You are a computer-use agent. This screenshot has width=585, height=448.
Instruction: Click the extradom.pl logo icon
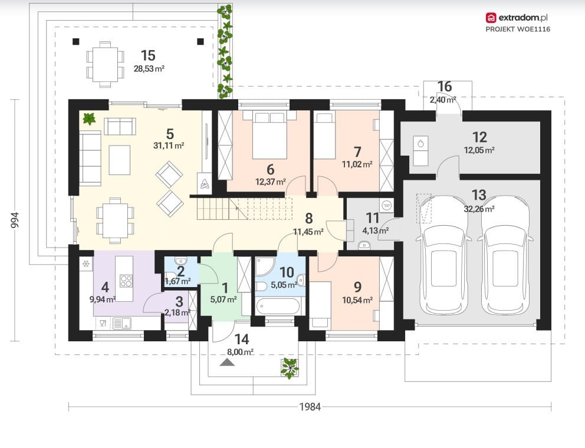[491, 18]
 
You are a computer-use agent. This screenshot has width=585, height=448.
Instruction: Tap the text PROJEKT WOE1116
[518, 29]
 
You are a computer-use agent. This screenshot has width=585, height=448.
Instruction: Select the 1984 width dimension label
[310, 407]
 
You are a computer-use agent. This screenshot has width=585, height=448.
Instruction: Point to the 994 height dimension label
[15, 220]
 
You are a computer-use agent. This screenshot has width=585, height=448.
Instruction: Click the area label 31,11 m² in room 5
[169, 146]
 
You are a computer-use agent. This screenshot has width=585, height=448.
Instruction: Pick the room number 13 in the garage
[479, 195]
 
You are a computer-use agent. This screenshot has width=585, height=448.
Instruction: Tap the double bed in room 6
[270, 136]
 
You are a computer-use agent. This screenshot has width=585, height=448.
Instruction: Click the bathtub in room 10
[278, 307]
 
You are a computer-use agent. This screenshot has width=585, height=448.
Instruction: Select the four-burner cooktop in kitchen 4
[126, 281]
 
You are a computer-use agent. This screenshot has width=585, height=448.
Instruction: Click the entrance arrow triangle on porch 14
[227, 362]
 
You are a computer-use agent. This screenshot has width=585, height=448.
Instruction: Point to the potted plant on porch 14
[290, 368]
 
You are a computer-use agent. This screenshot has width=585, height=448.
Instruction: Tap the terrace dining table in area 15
[105, 64]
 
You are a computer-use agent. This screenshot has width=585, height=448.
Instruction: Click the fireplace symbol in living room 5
[205, 183]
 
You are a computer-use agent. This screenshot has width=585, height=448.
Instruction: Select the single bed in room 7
[324, 136]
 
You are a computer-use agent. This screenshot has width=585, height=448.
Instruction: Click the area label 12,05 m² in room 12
[479, 150]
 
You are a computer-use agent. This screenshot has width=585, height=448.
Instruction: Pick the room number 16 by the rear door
[444, 87]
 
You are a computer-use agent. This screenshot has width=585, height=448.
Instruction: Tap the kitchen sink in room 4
[122, 324]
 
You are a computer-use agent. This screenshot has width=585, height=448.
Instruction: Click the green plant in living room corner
[89, 118]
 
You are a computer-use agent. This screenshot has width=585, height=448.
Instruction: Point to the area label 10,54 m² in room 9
[357, 300]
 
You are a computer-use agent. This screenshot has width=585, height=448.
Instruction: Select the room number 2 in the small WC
[181, 271]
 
